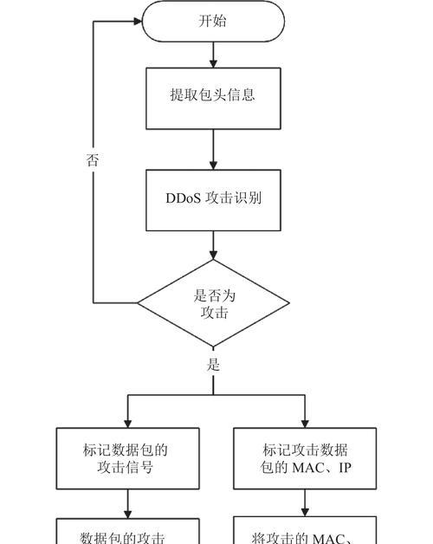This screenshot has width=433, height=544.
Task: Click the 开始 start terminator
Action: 213,21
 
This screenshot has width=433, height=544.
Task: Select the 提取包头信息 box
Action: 213,95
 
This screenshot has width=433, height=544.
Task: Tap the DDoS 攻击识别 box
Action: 213,198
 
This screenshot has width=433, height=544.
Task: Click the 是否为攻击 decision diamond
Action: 213,303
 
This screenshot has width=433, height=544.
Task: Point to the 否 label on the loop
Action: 93,160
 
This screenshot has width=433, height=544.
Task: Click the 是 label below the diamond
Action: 213,365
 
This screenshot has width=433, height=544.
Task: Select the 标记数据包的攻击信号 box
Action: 128,459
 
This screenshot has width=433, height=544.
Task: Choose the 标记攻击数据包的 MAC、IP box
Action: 305,459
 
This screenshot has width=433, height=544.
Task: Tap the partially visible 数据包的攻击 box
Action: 128,534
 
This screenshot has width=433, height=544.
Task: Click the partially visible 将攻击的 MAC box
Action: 305,534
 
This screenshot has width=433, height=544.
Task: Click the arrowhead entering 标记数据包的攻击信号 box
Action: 128,422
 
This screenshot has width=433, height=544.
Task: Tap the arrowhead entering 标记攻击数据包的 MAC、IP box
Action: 305,422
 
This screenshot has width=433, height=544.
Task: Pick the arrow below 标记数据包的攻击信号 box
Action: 128,504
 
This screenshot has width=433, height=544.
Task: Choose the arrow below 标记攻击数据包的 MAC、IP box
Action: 305,504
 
